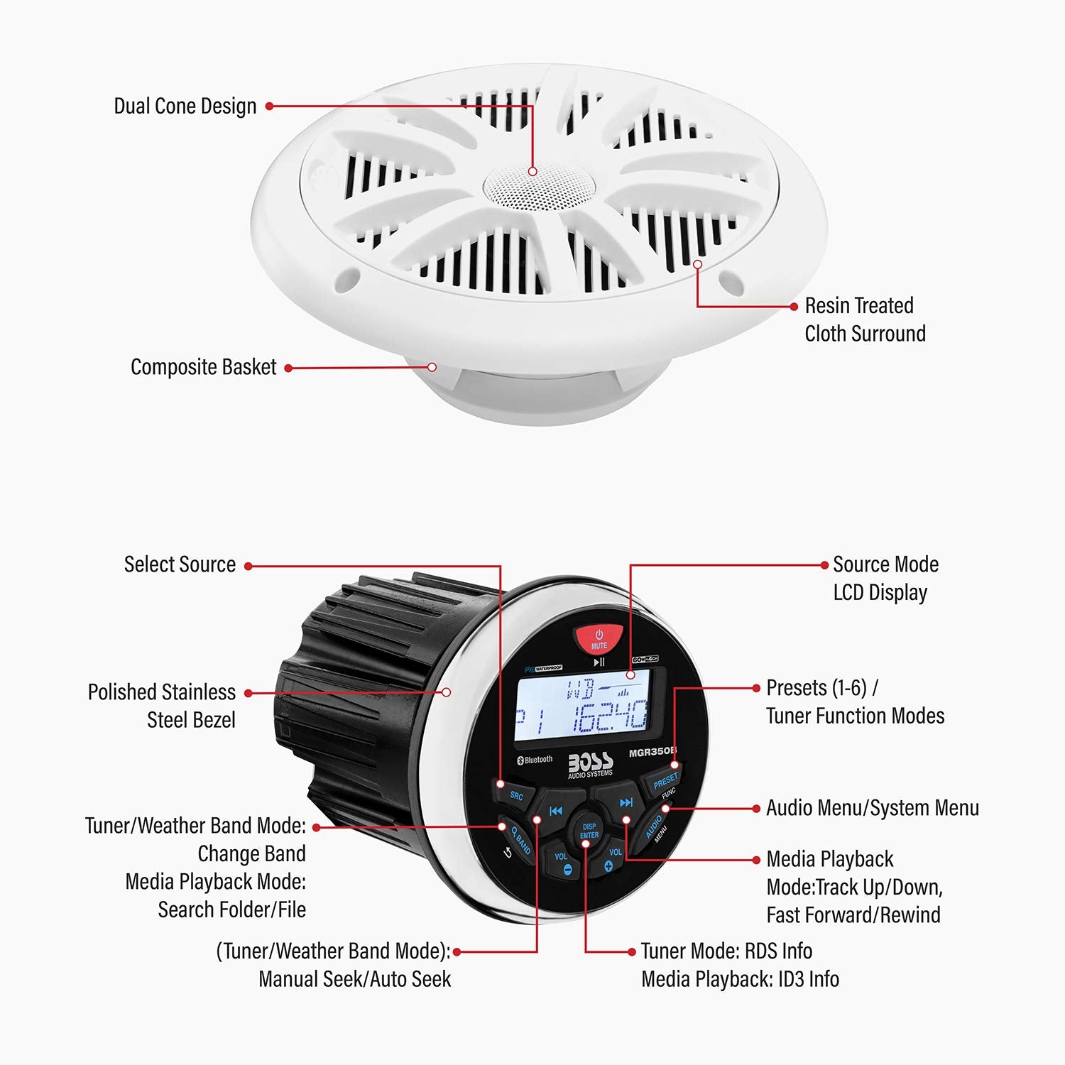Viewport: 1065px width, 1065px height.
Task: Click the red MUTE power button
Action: (x=599, y=638)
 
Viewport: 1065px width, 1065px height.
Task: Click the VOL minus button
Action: (x=562, y=861)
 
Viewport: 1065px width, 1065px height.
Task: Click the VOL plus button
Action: (x=612, y=859)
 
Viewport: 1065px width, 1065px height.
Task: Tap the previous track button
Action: (x=556, y=811)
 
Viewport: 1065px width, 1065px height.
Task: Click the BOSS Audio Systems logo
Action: (x=590, y=764)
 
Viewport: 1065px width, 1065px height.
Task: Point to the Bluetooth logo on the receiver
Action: (x=535, y=760)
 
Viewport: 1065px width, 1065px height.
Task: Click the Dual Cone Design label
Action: (x=185, y=106)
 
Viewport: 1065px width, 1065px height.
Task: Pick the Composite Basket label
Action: (x=203, y=367)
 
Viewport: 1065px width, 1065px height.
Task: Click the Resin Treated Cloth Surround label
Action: (x=865, y=319)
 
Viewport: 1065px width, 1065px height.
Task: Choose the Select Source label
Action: (x=180, y=564)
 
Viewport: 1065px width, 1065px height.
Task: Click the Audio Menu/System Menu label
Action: (x=872, y=808)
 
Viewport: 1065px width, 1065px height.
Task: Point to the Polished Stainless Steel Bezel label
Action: (x=162, y=706)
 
